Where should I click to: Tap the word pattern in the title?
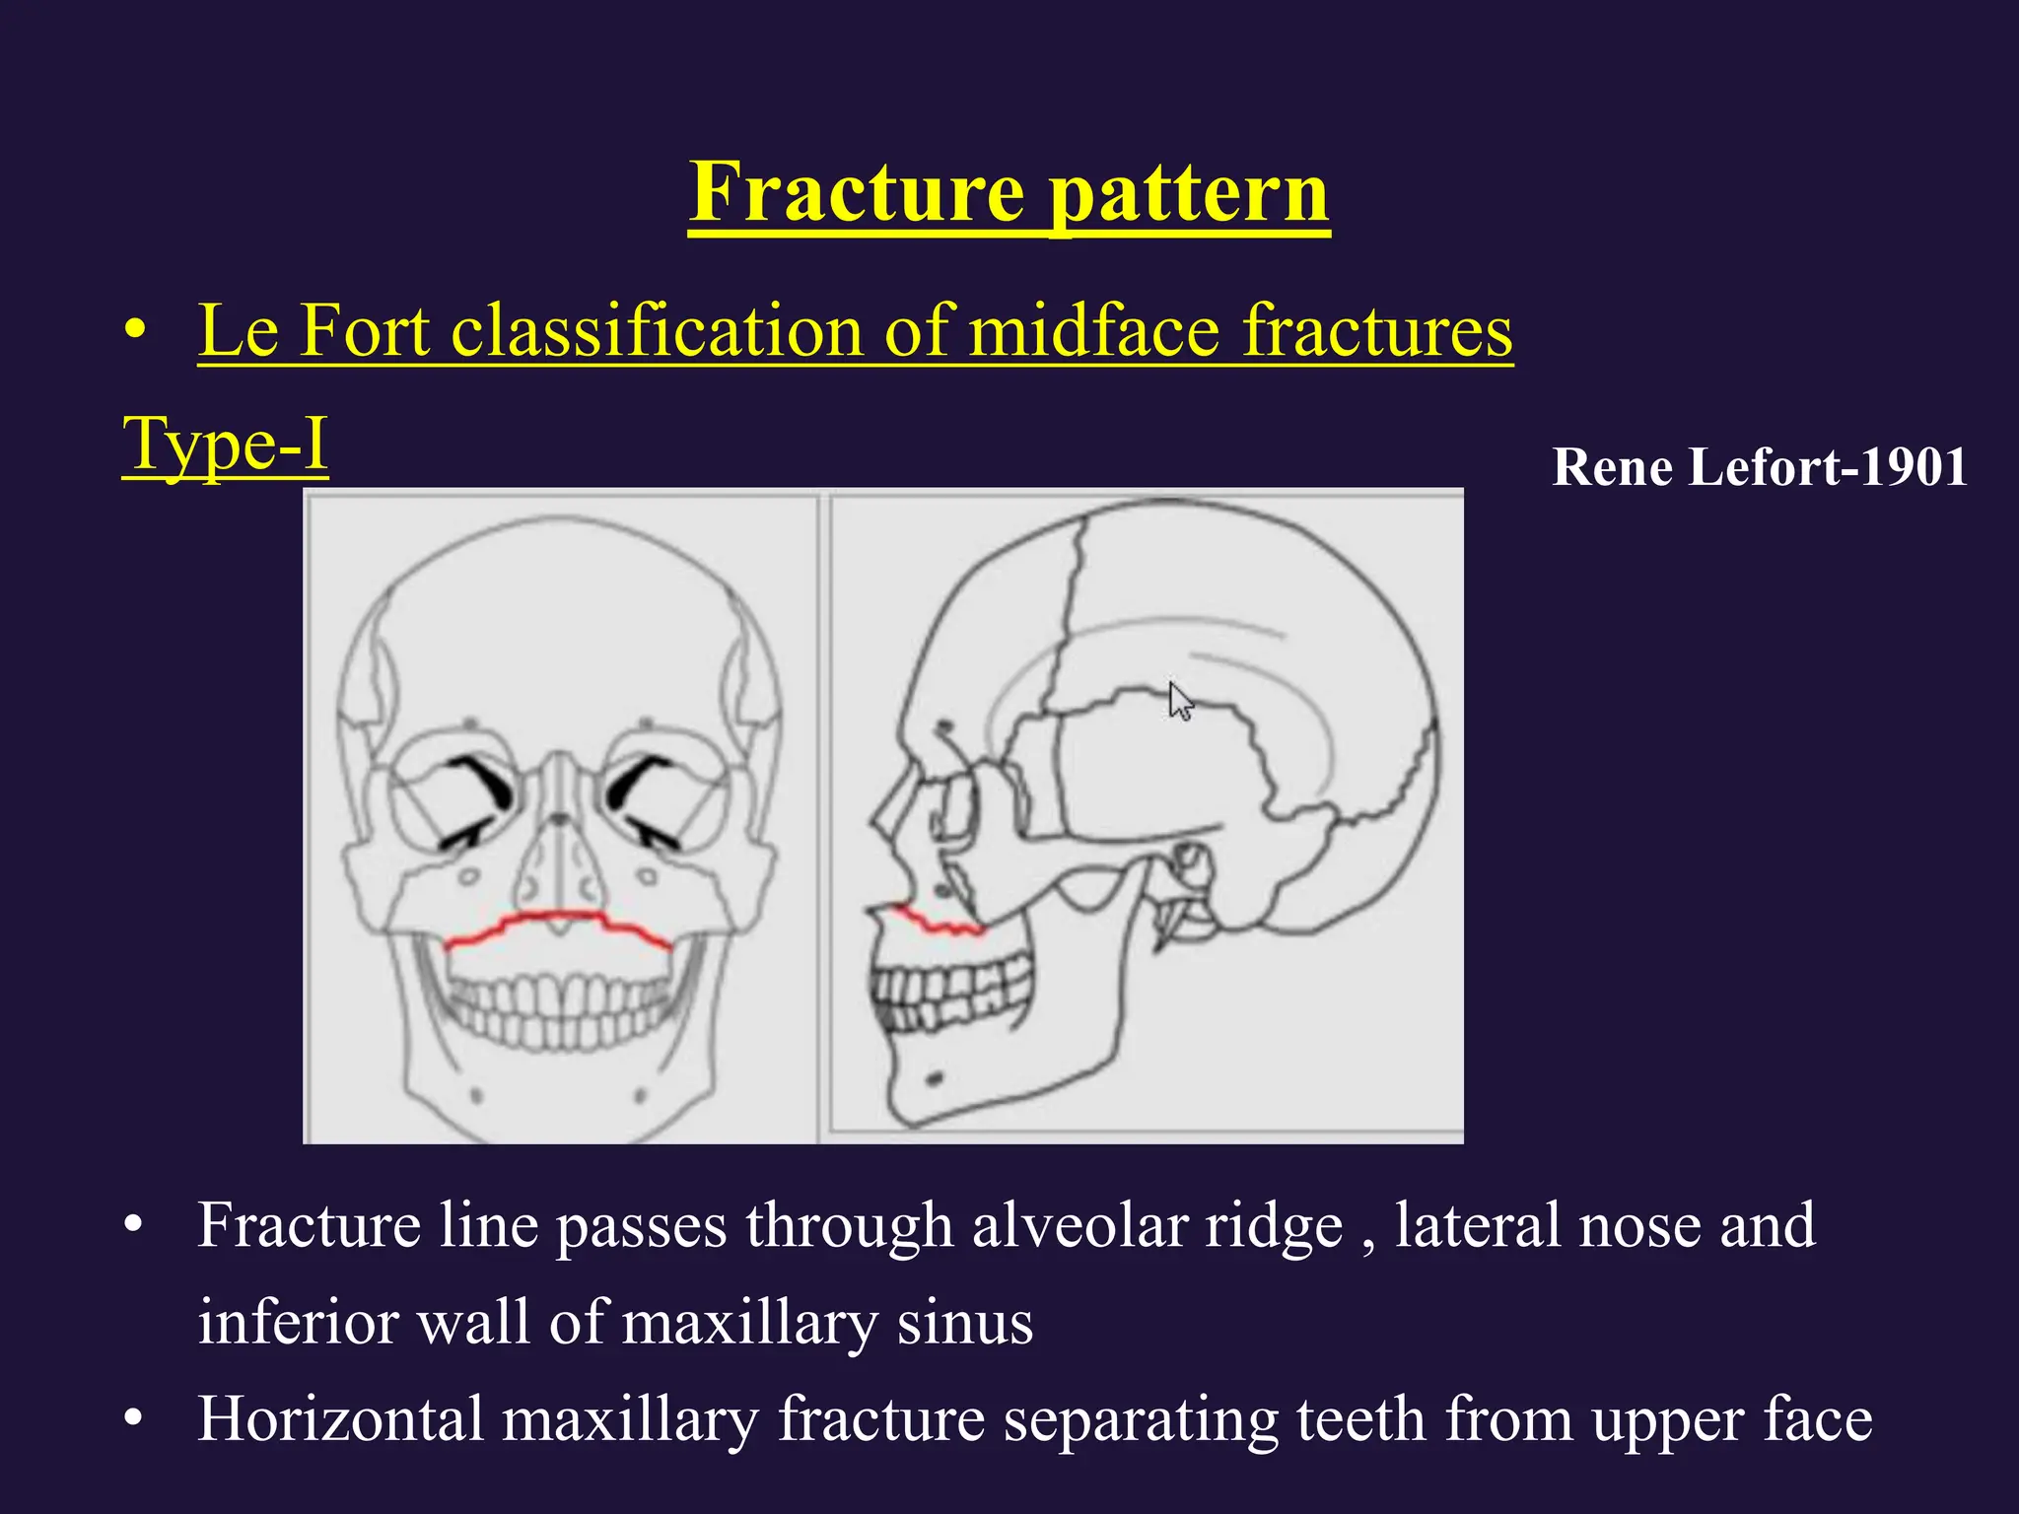coord(1188,193)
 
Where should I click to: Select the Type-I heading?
coord(225,445)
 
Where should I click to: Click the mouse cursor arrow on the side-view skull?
coord(1180,701)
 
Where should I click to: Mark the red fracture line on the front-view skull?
coord(558,925)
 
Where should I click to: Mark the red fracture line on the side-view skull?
coord(937,923)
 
